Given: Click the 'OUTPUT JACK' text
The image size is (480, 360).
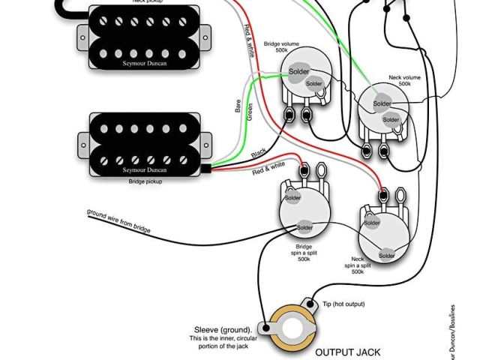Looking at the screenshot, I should [347, 351].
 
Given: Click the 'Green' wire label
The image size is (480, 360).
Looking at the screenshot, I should [250, 111].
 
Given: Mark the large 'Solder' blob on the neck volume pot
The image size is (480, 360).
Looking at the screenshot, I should [382, 103].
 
